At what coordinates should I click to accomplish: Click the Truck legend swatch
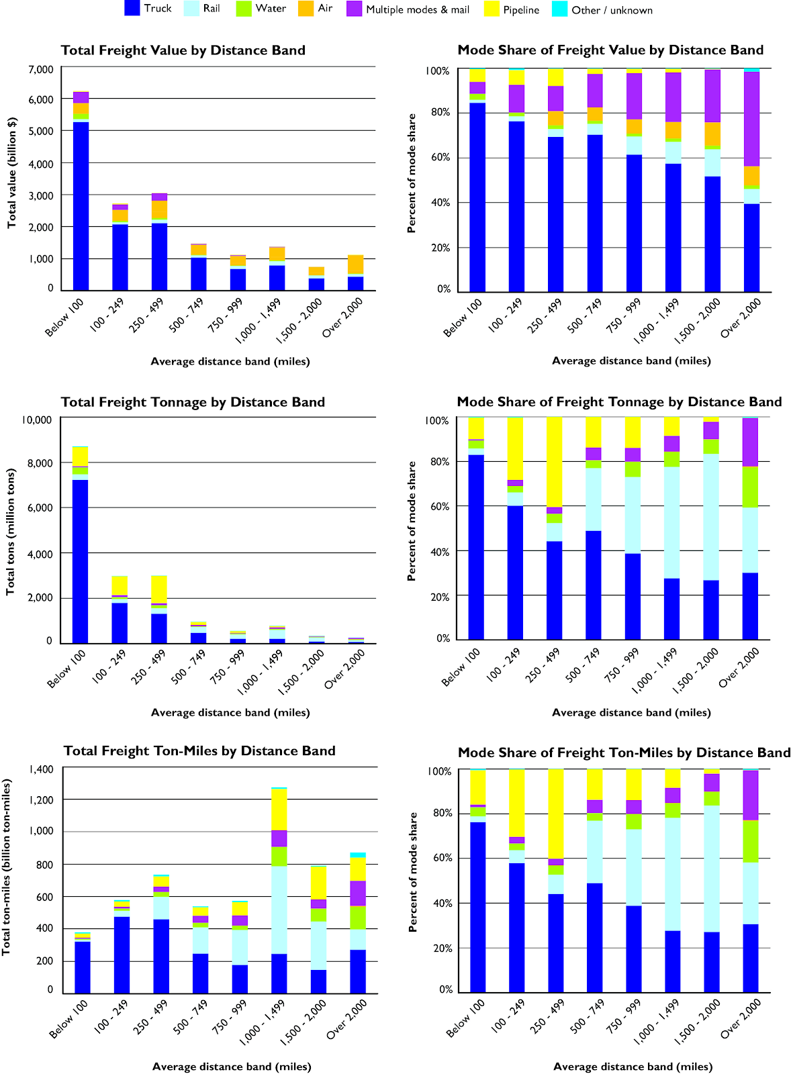pyautogui.click(x=132, y=9)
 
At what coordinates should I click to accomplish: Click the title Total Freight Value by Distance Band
pyautogui.click(x=183, y=50)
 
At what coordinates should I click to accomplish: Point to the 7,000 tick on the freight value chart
pyautogui.click(x=41, y=69)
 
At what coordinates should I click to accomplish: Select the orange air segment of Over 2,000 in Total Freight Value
pyautogui.click(x=356, y=264)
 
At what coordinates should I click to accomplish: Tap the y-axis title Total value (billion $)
pyautogui.click(x=11, y=173)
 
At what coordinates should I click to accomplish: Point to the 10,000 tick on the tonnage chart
pyautogui.click(x=37, y=420)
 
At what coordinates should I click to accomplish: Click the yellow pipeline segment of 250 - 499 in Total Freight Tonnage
pyautogui.click(x=159, y=589)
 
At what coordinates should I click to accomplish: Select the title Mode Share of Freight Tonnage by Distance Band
pyautogui.click(x=619, y=402)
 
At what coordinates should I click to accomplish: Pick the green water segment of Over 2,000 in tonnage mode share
pyautogui.click(x=750, y=487)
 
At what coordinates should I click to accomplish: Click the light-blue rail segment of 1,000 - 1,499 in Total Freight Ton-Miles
pyautogui.click(x=279, y=910)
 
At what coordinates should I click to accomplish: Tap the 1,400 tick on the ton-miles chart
pyautogui.click(x=41, y=769)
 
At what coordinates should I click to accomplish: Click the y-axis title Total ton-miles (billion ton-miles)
pyautogui.click(x=7, y=867)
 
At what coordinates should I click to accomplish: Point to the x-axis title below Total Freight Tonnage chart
pyautogui.click(x=230, y=712)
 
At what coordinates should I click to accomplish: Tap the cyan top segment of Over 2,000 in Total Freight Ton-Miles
pyautogui.click(x=358, y=855)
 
